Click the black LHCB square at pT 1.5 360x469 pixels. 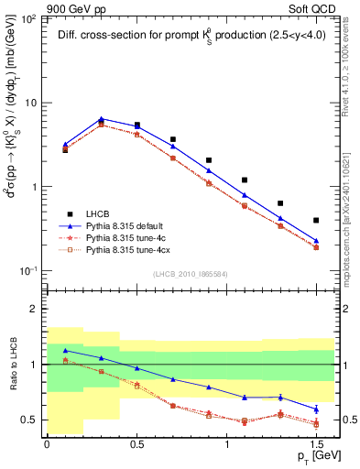tap(316, 220)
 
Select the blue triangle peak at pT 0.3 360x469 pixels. tap(101, 119)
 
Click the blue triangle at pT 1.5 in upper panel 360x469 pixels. tap(316, 241)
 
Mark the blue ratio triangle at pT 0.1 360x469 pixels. tap(65, 351)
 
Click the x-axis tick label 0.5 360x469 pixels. tap(136, 444)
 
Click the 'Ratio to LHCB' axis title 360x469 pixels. tap(12, 364)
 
